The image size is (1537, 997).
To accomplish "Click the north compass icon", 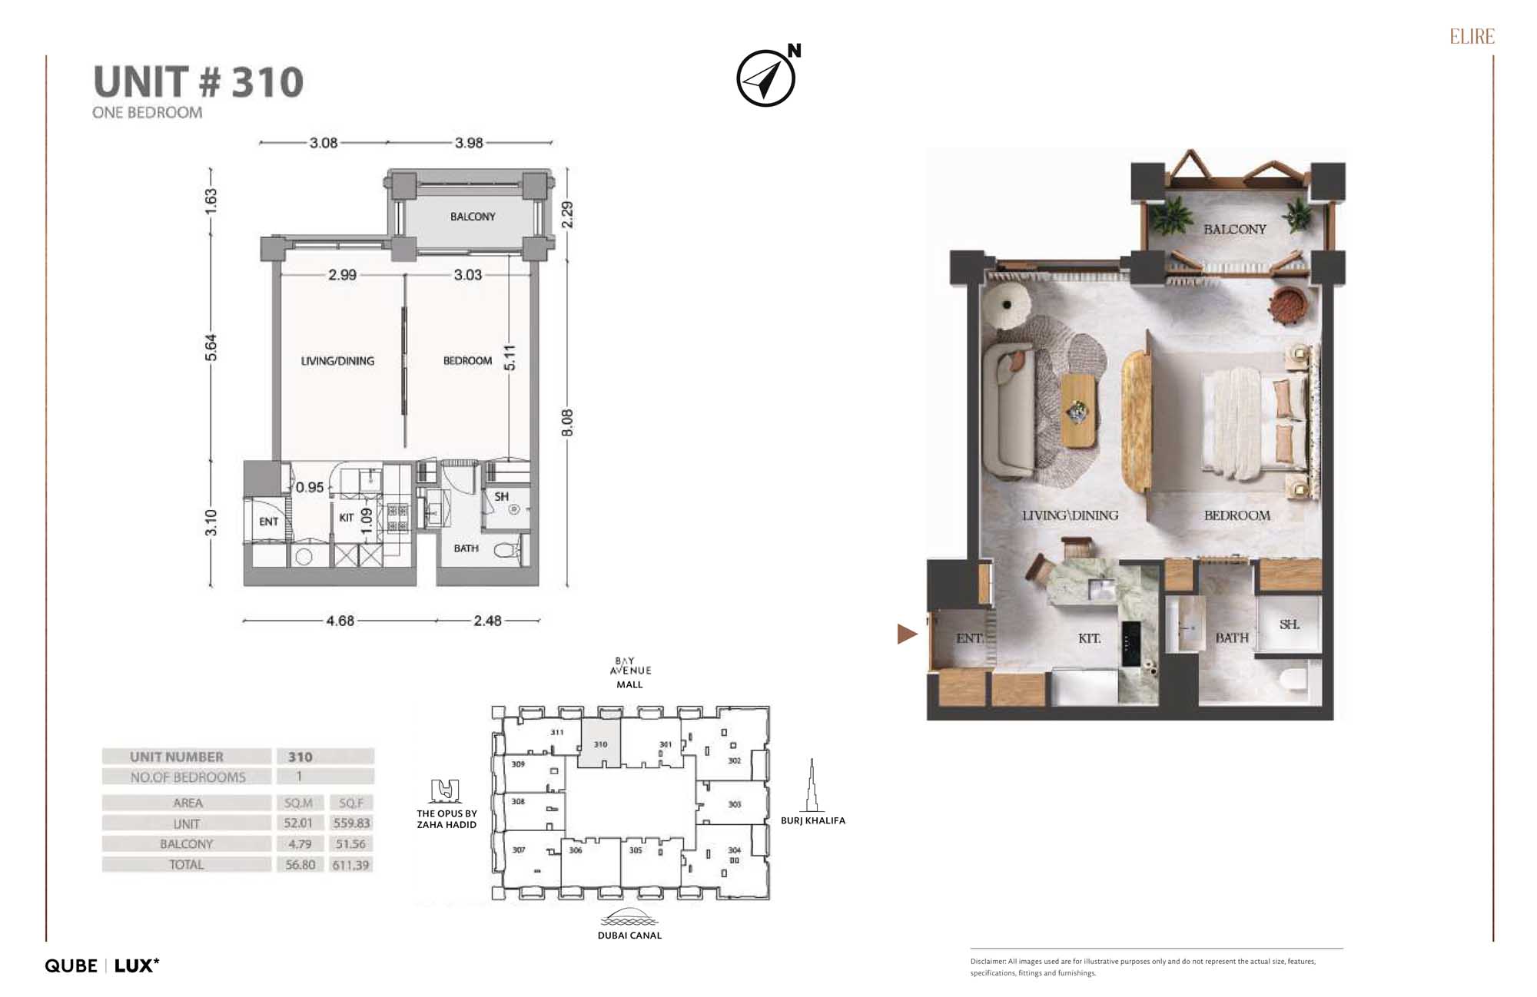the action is [x=765, y=78].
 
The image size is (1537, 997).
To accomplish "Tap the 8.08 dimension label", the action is [x=567, y=423].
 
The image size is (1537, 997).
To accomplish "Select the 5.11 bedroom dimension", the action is [x=510, y=357].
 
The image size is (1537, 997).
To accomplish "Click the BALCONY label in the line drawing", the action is [x=473, y=217].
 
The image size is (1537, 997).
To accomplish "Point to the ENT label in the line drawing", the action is [x=268, y=522].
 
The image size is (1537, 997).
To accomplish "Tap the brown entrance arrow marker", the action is [x=907, y=634].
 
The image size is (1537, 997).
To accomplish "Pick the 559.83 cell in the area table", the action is [x=351, y=823].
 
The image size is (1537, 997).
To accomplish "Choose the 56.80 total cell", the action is [x=300, y=864].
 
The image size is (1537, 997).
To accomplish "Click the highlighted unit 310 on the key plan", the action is [x=600, y=743].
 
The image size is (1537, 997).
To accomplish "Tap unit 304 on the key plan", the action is [x=734, y=851].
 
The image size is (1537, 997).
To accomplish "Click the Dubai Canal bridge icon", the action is [x=629, y=917].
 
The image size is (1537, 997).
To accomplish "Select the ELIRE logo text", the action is [x=1472, y=37].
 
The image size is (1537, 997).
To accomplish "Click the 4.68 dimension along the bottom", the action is [x=340, y=621].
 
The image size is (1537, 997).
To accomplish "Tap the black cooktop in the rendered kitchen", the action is [x=1130, y=643].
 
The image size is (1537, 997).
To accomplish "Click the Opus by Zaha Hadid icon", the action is [x=446, y=790].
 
